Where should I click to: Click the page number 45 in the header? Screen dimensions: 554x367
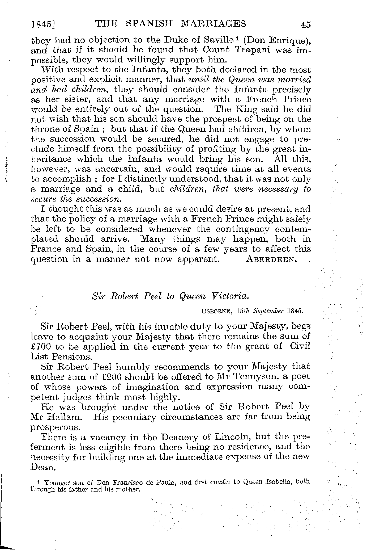point(306,25)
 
